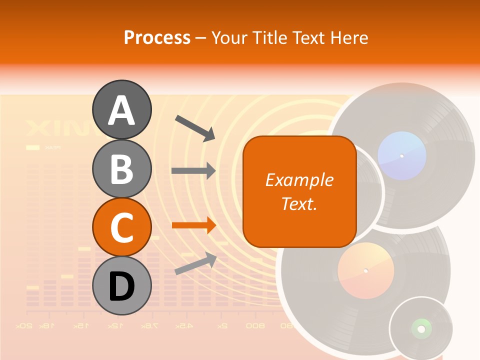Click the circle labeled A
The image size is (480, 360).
[x=122, y=109]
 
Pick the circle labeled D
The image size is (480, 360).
[x=122, y=285]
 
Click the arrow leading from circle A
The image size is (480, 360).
[x=195, y=127]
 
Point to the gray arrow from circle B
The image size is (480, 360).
[x=193, y=171]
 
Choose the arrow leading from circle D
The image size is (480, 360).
[x=195, y=263]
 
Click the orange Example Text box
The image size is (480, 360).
[x=299, y=191]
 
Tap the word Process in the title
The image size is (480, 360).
[x=157, y=37]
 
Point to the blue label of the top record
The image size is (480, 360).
[x=401, y=155]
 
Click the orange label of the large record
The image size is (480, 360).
[x=365, y=270]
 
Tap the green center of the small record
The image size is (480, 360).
[x=421, y=328]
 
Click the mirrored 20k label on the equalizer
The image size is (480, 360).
[x=23, y=326]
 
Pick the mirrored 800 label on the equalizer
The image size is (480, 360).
[x=255, y=326]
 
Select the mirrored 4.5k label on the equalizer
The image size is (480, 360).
[x=184, y=326]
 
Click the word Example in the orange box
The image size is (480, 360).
[x=299, y=180]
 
